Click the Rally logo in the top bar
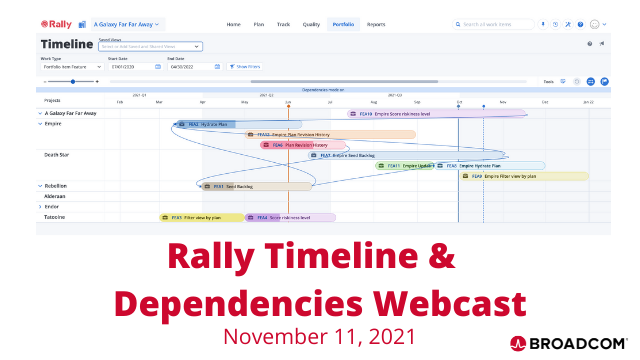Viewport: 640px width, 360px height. click(x=56, y=23)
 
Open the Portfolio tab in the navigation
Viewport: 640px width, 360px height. click(x=343, y=23)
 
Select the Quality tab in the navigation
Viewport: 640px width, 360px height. click(x=311, y=23)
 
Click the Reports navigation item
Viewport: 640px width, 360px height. click(x=376, y=23)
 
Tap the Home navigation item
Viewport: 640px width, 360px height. click(x=234, y=23)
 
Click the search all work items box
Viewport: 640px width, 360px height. click(x=495, y=23)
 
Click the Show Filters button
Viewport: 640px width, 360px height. click(x=246, y=67)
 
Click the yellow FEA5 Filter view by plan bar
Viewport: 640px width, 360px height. click(x=201, y=217)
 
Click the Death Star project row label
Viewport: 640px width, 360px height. click(x=57, y=155)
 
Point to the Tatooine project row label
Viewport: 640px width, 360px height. click(x=55, y=217)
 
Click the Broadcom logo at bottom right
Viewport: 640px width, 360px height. click(x=568, y=341)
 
